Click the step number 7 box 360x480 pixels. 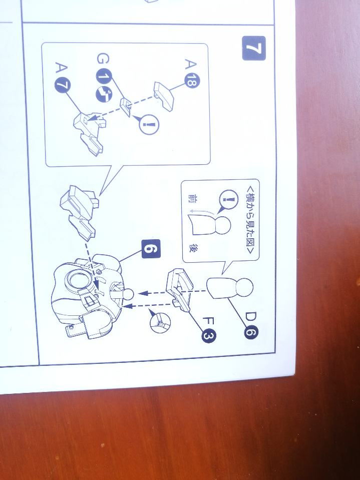[x=254, y=48]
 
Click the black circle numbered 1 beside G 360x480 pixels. [x=104, y=77]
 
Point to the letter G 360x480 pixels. [x=103, y=59]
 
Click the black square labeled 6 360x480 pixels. [x=151, y=249]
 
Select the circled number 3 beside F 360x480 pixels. [x=208, y=336]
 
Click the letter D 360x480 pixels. [x=251, y=317]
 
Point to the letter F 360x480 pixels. [x=209, y=321]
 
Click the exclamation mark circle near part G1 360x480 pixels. [x=149, y=124]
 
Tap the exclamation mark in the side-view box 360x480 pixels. [x=228, y=200]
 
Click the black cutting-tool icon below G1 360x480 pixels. [x=104, y=94]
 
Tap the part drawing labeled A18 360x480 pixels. [x=164, y=96]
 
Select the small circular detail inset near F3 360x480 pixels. [x=160, y=322]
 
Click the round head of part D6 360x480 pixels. [x=244, y=287]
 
